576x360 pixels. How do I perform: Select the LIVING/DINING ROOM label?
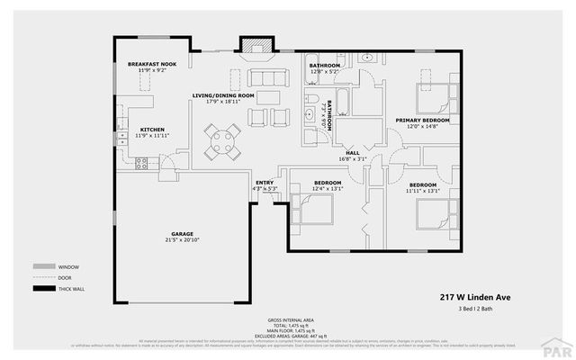[x=223, y=95]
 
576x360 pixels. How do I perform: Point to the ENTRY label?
[x=265, y=183]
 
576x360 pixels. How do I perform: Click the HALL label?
[x=352, y=153]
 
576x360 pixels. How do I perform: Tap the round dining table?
[x=221, y=139]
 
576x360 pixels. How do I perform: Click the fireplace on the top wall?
[x=250, y=45]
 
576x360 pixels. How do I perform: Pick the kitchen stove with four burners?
[x=141, y=163]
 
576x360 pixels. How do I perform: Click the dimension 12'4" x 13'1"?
[x=326, y=189]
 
